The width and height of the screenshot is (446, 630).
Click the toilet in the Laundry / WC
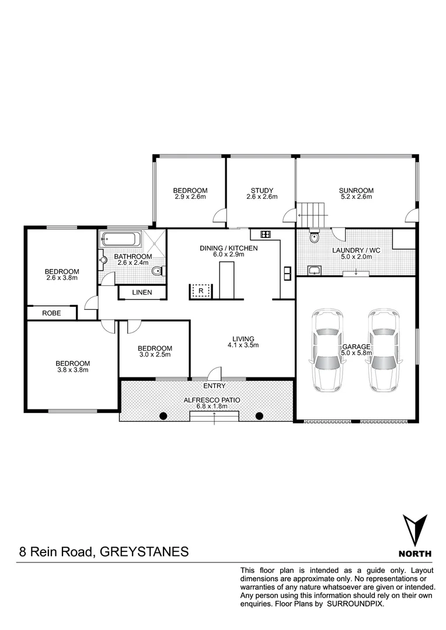(315, 237)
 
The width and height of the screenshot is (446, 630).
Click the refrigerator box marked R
(201, 290)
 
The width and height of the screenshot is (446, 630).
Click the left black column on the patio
(163, 415)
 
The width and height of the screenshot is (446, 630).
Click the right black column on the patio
(260, 415)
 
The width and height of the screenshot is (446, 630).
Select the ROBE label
(51, 313)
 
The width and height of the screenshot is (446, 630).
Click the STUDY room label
(262, 190)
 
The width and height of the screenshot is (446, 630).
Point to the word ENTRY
(214, 386)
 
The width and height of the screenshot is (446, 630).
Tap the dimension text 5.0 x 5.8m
(356, 353)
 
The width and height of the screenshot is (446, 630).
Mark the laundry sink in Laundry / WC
(315, 270)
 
